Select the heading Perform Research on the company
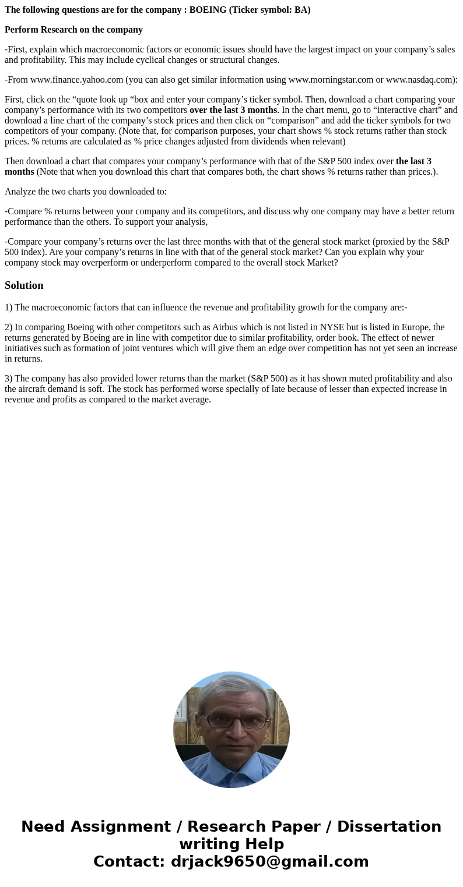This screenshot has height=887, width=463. coord(73,30)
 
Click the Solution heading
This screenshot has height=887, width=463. coord(24,285)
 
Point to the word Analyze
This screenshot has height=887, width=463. coord(20,192)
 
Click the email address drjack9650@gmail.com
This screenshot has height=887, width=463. coord(270,862)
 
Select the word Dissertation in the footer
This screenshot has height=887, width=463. coord(389,827)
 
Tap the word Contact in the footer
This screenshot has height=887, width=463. coord(129,862)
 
